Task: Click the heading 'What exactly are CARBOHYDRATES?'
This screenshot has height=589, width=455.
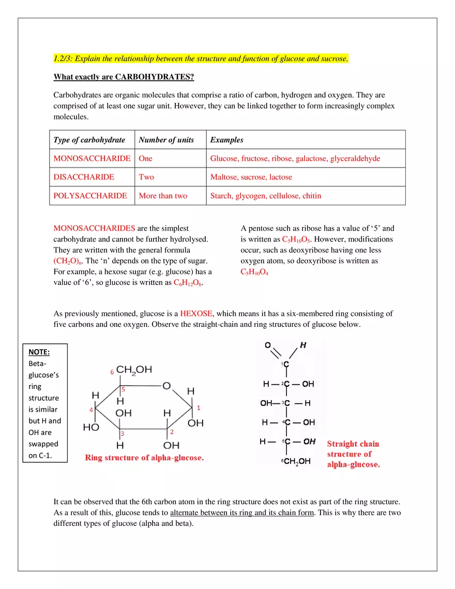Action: coord(124,78)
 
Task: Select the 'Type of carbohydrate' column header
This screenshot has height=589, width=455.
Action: coord(89,140)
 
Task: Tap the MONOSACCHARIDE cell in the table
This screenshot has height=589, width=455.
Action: coord(92,159)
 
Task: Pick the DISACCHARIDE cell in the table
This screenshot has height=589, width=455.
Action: coord(84,177)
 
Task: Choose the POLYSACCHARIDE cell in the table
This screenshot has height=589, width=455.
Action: coord(90,196)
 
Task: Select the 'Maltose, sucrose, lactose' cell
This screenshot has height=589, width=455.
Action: coord(251,177)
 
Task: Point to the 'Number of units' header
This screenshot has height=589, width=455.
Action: coord(166,140)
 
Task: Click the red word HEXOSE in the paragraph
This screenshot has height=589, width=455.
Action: coord(196,314)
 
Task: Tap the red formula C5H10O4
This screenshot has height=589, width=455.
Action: coord(254,272)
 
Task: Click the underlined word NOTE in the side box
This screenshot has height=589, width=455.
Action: coord(39,352)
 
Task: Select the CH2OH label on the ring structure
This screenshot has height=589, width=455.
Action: coord(134,370)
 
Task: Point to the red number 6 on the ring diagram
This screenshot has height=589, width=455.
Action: coord(112,372)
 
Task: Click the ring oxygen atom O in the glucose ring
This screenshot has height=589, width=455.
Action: coord(166,386)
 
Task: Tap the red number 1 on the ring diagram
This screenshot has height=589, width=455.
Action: coord(199,408)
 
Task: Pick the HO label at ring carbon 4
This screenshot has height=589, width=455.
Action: coord(90,428)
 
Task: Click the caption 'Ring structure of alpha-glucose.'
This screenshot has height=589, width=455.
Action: coord(144,458)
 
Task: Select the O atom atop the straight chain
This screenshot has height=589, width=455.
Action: coord(267,345)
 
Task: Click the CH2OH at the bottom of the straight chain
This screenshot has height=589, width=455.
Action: coord(297,462)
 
